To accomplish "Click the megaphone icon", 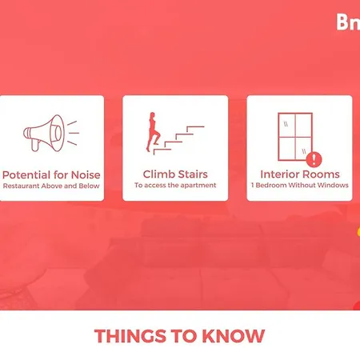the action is click(51, 133).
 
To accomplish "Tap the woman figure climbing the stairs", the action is click(153, 132).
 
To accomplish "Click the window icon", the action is click(295, 137).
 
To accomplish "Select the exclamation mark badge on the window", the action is click(314, 159).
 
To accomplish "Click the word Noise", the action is click(86, 175).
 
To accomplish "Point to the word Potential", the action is click(26, 175).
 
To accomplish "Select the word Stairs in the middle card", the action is click(193, 174).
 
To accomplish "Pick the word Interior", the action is click(279, 174).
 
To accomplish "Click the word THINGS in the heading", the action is click(130, 336).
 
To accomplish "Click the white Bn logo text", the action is click(348, 22).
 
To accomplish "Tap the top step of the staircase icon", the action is click(195, 127).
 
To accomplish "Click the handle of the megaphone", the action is click(35, 146).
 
